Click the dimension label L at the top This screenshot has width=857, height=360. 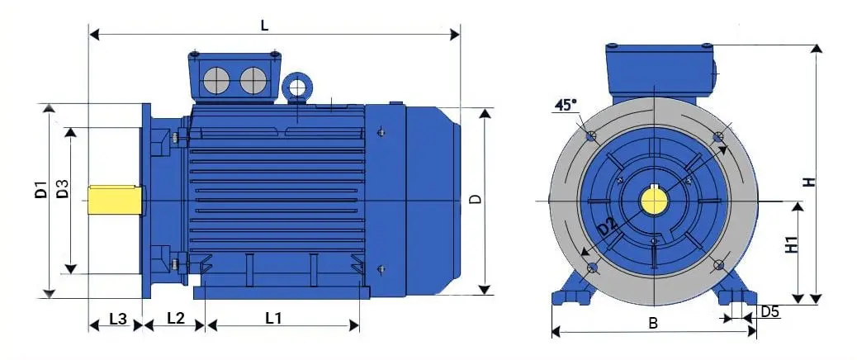coord(264,25)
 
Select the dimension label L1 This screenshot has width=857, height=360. coord(273,317)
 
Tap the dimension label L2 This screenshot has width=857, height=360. coord(176,317)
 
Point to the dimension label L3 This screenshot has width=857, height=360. coord(118,318)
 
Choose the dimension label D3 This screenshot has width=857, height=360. coord(63,189)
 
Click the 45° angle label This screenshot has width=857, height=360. coord(565,105)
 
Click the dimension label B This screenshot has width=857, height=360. coord(652,324)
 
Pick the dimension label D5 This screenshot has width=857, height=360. coord(769,311)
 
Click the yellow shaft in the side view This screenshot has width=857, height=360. coord(115,200)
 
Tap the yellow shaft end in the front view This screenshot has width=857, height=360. coord(653,201)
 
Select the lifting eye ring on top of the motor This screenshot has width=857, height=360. coord(296,85)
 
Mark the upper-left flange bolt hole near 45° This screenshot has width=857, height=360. coord(589,136)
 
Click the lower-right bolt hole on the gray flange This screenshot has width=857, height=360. coord(717,265)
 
